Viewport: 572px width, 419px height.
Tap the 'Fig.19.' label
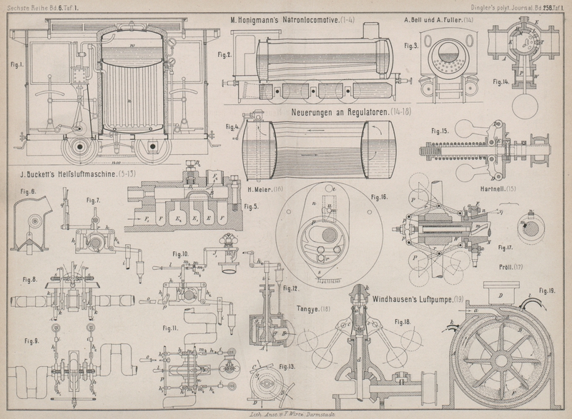[547, 291]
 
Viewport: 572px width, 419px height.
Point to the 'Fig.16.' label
[380, 196]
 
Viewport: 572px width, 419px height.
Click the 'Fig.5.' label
[251, 207]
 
